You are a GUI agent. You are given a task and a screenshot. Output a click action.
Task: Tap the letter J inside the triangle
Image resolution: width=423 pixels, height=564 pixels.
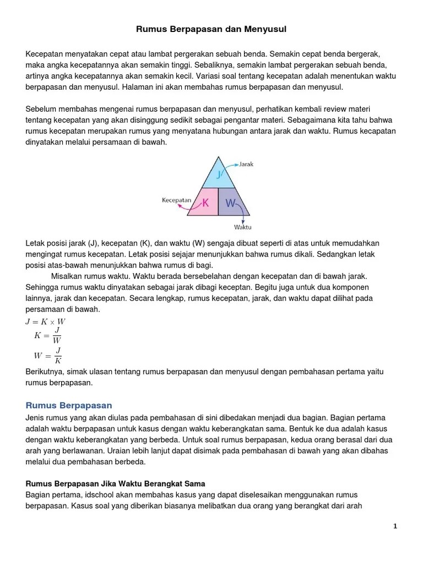(x=219, y=175)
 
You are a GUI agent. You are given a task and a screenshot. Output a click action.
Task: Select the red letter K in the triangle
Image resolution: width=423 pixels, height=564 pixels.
(x=205, y=203)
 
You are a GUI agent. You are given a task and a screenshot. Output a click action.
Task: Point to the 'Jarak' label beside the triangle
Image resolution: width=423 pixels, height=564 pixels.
(x=246, y=164)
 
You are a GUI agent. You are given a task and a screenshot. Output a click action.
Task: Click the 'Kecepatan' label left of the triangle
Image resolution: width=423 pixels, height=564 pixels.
(x=176, y=200)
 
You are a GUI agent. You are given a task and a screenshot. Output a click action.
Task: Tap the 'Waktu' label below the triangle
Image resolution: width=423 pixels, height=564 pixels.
(x=242, y=227)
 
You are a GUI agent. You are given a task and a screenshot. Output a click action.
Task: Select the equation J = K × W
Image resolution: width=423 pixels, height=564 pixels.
(x=46, y=321)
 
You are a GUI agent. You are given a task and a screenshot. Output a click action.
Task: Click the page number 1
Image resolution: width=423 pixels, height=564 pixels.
(x=395, y=526)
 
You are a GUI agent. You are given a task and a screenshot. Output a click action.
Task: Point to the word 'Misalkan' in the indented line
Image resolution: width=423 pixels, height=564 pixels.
(x=68, y=276)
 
